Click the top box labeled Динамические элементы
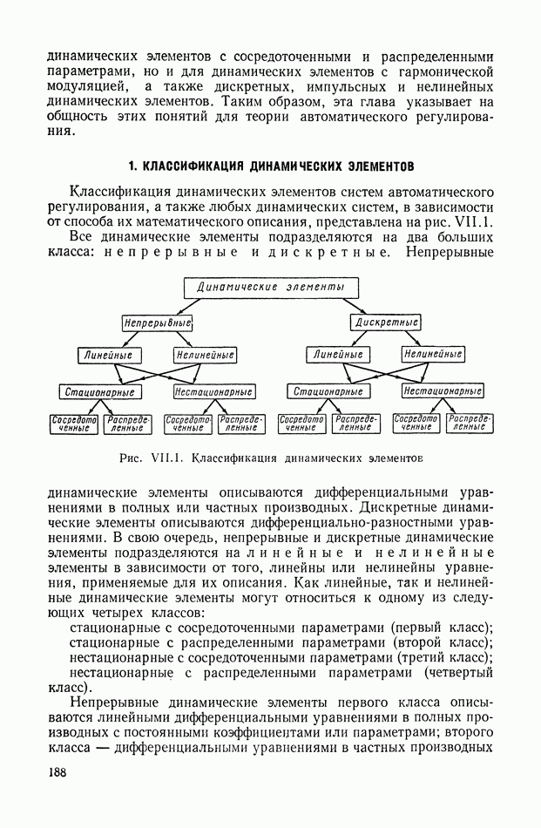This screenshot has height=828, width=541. tap(271, 287)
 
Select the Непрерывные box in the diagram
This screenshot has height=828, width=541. tap(157, 322)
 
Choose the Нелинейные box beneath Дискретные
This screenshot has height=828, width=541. tap(433, 354)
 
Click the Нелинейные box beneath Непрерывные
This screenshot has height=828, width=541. tap(205, 356)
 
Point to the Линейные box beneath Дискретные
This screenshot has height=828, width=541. tap(339, 355)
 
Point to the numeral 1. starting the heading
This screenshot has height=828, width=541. tap(132, 166)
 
